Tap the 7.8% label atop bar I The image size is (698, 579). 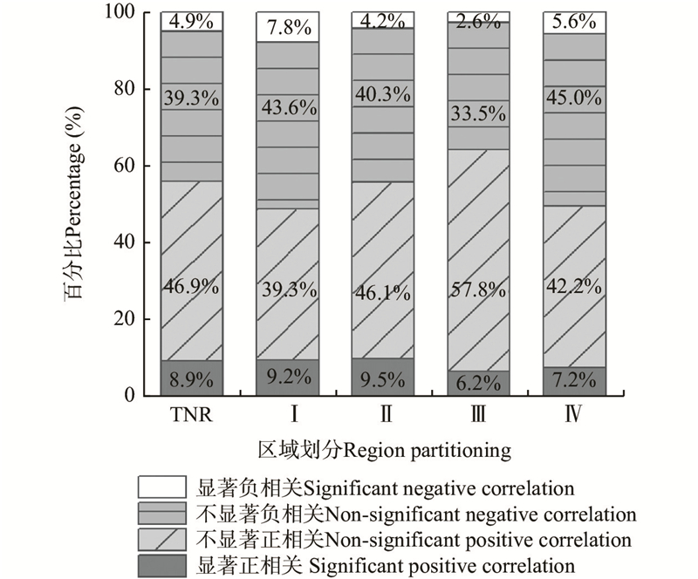[x=287, y=28]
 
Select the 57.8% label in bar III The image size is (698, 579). [x=479, y=286]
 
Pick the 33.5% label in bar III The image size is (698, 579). [x=479, y=112]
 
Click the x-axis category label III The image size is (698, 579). [x=479, y=413]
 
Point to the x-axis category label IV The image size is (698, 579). [x=574, y=413]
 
